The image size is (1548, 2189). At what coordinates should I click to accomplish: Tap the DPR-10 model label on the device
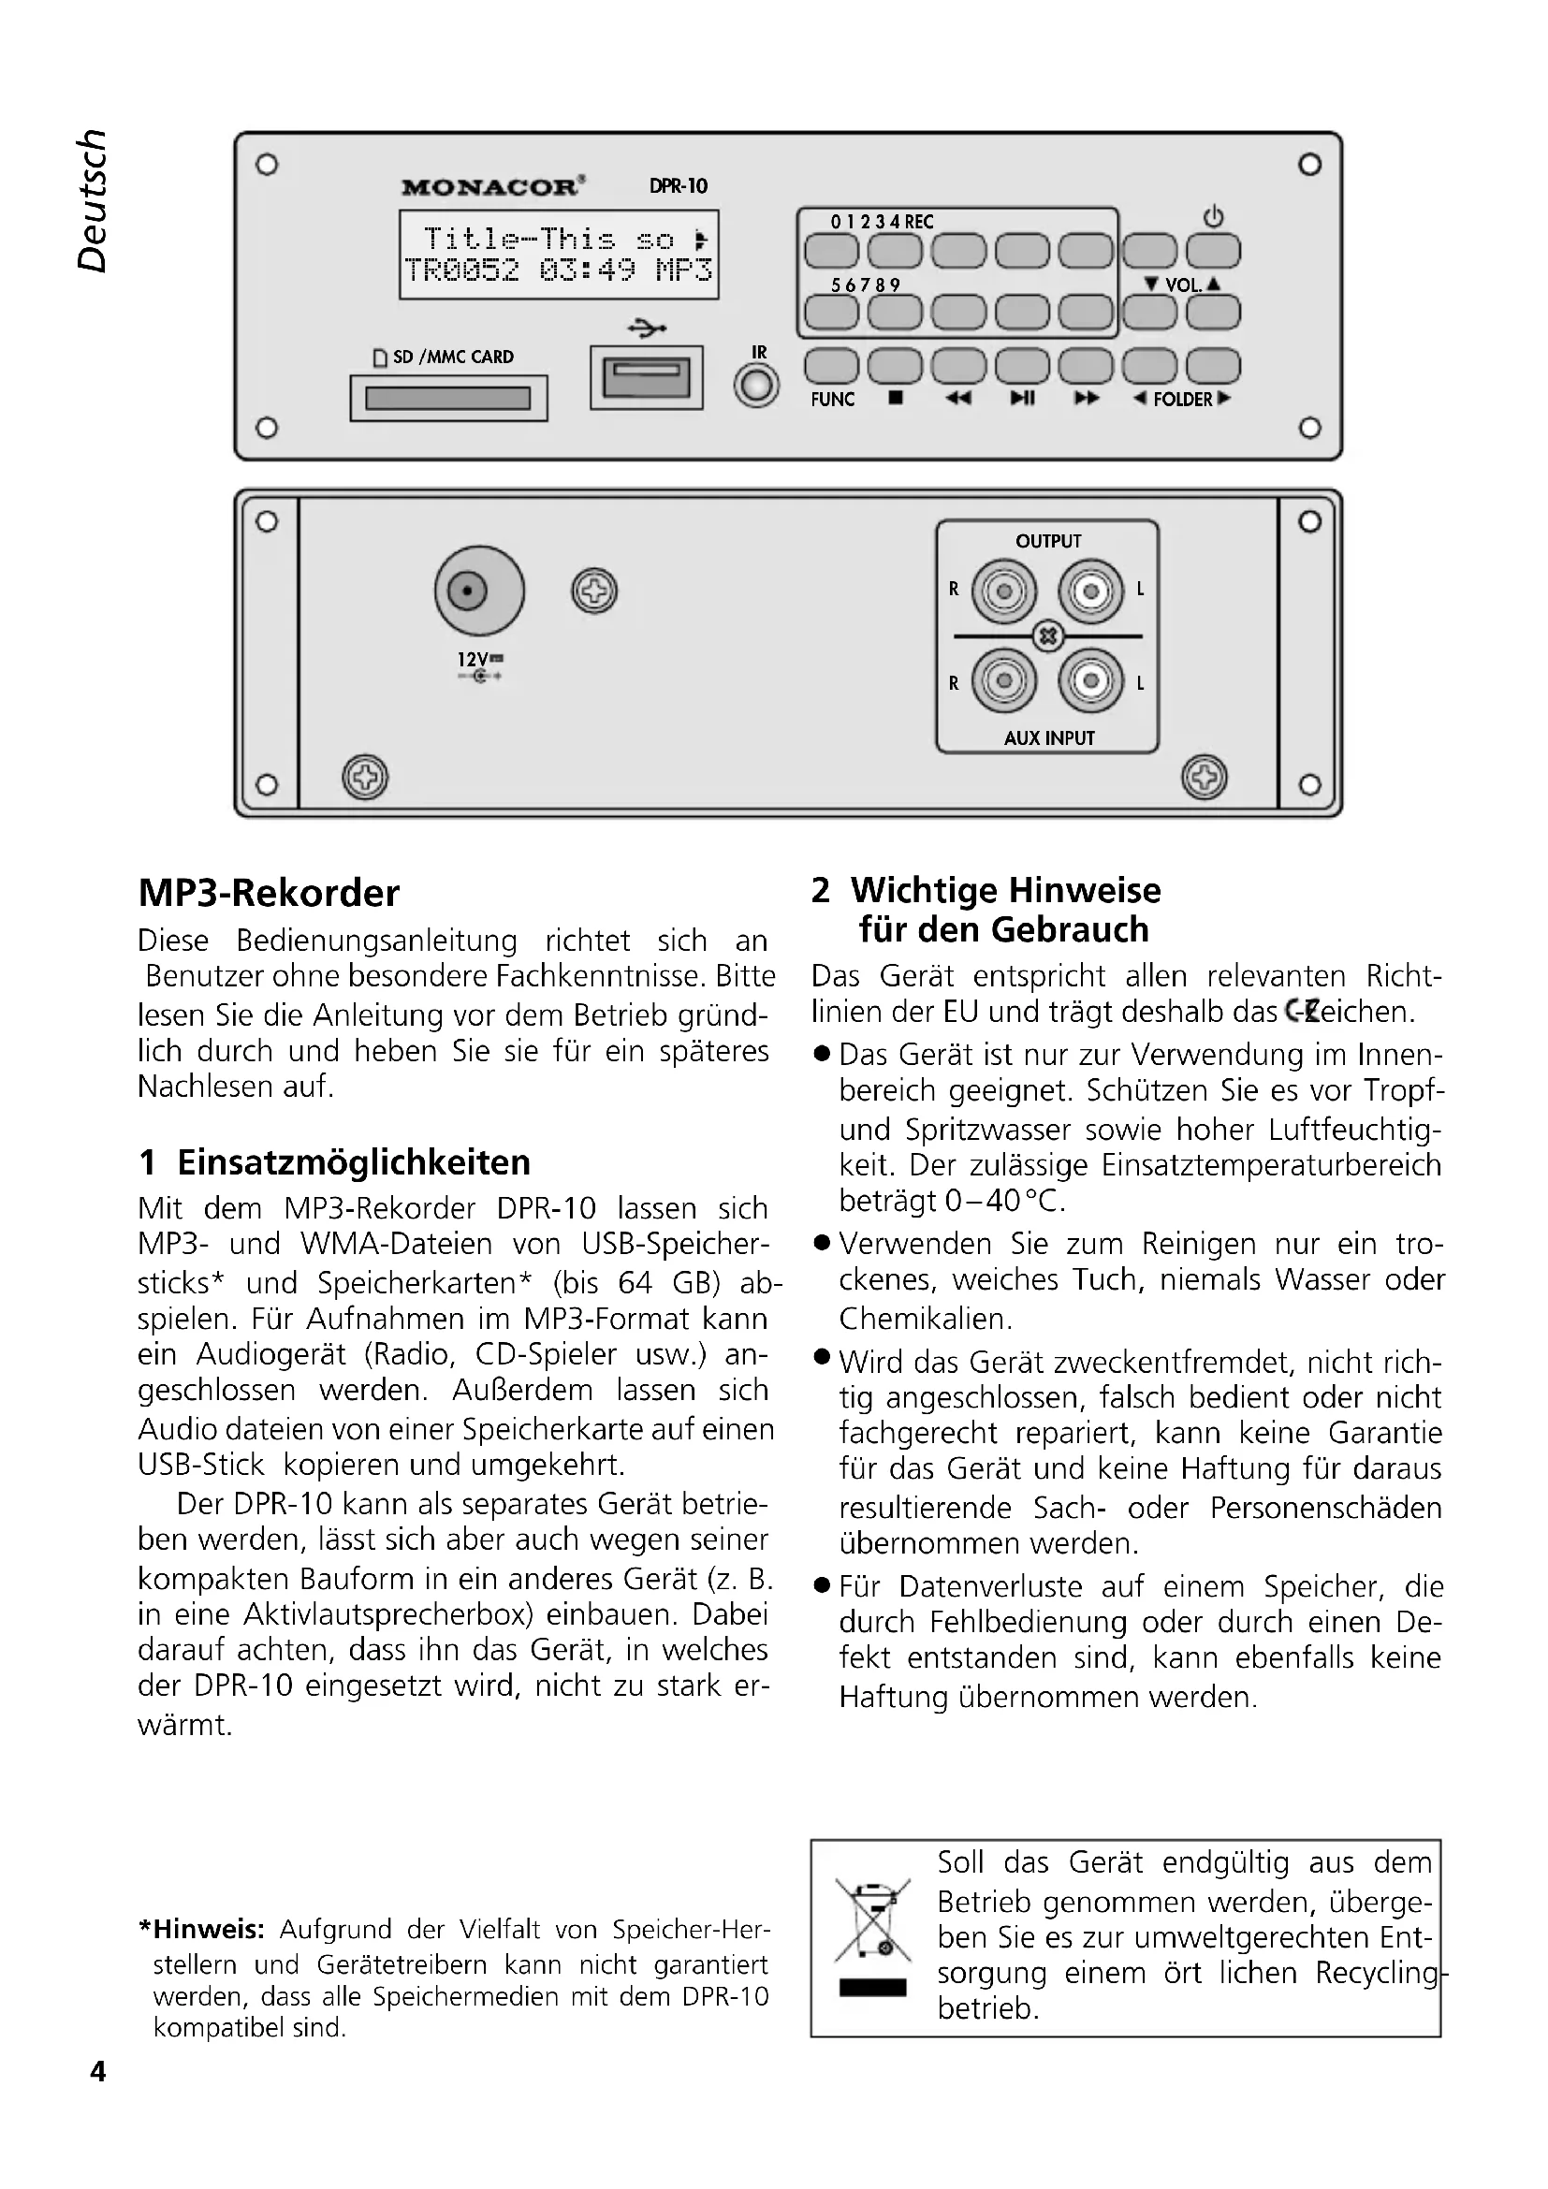point(678,186)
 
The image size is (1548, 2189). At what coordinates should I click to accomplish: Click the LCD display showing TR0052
point(559,255)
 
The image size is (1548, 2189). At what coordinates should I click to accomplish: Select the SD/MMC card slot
point(448,398)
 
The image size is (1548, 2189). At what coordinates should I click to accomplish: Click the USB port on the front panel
point(647,377)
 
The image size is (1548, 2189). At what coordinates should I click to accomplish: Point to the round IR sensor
point(757,387)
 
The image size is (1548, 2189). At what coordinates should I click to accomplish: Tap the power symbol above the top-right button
point(1212,216)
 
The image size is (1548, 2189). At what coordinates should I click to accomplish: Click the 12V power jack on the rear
point(478,591)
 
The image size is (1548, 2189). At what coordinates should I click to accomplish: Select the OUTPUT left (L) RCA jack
point(1090,591)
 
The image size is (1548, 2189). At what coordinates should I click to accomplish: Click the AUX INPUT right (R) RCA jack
point(1002,679)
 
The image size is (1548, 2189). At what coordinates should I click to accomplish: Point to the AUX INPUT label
point(1048,737)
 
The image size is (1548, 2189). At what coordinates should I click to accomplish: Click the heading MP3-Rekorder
point(269,894)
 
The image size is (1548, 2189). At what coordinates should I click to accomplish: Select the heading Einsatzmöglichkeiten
point(354,1162)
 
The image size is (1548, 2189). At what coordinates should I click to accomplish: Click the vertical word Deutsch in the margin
point(92,201)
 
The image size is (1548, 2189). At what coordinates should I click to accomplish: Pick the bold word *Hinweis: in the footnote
point(202,1929)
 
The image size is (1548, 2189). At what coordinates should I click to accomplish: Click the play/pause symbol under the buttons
point(1022,399)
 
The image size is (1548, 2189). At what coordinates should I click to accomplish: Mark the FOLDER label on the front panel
point(1182,399)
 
